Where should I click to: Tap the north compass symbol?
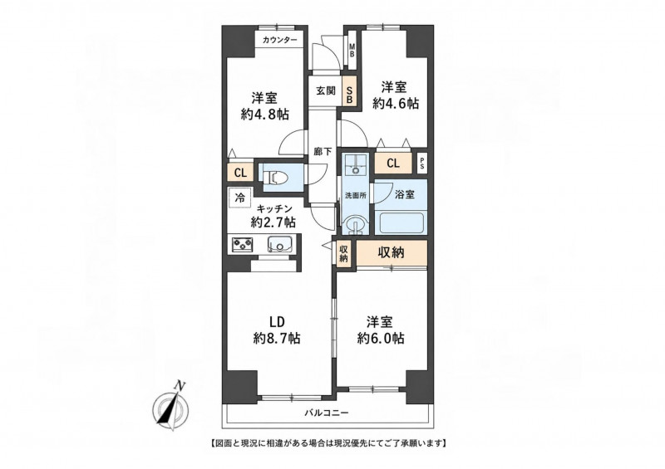tap(171, 407)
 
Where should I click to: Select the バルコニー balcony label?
tap(327, 413)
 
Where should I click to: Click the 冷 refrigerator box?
tap(240, 198)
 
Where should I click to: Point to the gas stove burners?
tap(242, 244)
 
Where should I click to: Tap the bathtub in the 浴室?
tap(401, 223)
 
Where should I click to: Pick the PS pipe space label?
tap(422, 164)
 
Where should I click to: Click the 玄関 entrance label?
tap(326, 90)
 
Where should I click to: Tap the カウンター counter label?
tap(280, 40)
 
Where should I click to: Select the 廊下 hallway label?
tap(323, 151)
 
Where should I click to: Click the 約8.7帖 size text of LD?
tap(277, 338)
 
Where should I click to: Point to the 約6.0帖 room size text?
tap(380, 338)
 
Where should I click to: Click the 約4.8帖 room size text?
tap(264, 114)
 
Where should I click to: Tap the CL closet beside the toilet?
tap(240, 173)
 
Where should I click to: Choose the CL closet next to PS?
tap(393, 163)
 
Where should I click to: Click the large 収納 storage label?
tap(391, 253)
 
